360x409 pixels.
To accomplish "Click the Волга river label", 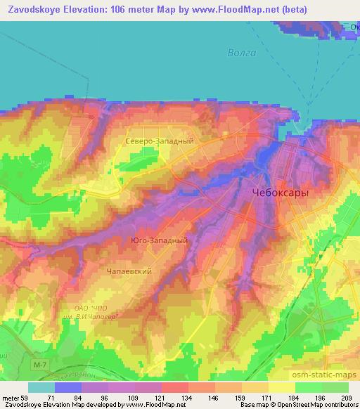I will pyautogui.click(x=242, y=53).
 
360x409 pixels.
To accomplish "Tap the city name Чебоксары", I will pyautogui.click(x=281, y=191).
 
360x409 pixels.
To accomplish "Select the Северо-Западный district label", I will pyautogui.click(x=159, y=141).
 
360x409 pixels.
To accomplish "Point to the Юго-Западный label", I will pyautogui.click(x=160, y=240).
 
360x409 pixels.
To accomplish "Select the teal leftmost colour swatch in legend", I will pyautogui.click(x=41, y=387).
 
